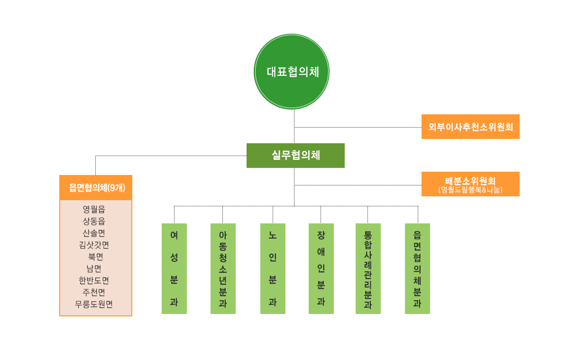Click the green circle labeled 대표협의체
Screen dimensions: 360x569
coord(291,72)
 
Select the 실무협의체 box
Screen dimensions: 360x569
coord(295,156)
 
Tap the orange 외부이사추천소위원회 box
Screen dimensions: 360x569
coord(470,127)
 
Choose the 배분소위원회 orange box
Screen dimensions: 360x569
coord(470,184)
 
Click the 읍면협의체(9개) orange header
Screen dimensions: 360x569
coord(96,187)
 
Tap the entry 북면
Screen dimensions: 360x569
coord(95,257)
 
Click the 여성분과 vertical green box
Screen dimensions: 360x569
coord(174,268)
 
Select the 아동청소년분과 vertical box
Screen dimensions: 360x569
coord(223,268)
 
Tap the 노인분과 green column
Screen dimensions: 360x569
coord(273,268)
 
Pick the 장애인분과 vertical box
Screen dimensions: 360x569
coord(321,268)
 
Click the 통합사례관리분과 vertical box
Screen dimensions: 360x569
coord(368,268)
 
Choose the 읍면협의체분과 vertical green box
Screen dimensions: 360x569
coord(417,268)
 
